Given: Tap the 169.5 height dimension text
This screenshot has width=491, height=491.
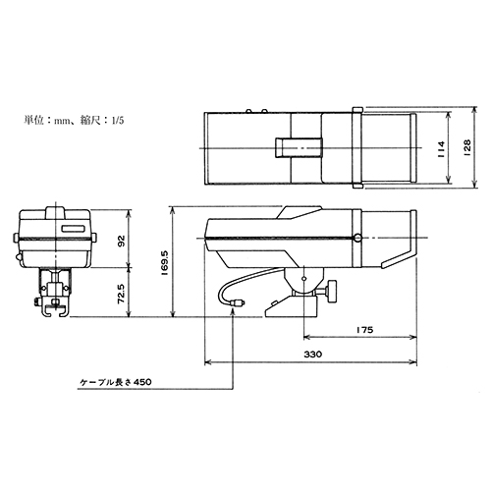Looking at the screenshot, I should point(165,262).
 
